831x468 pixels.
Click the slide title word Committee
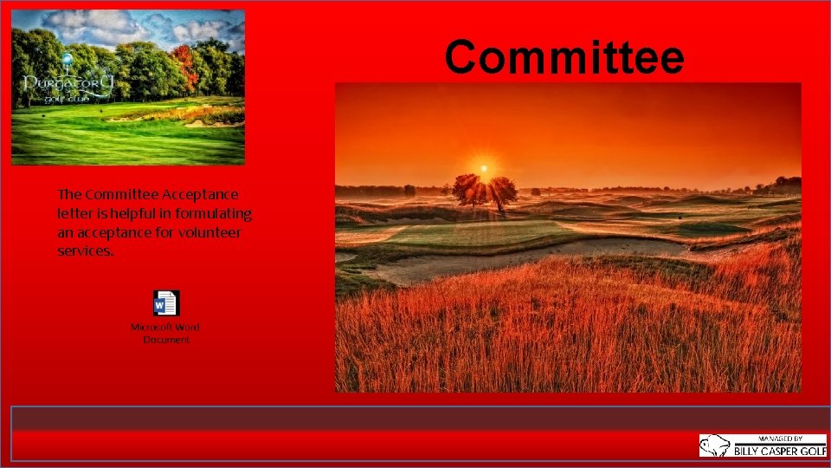(564, 57)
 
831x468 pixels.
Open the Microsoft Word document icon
(165, 303)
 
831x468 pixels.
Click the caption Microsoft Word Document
(165, 333)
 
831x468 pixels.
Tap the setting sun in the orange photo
(484, 168)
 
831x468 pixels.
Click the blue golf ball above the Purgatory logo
(67, 59)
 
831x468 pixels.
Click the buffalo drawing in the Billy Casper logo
(715, 445)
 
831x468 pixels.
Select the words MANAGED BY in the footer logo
(779, 439)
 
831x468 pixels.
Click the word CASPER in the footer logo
(770, 451)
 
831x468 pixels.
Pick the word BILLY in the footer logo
(747, 451)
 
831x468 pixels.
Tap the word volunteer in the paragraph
(209, 232)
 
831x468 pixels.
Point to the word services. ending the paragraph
(85, 250)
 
